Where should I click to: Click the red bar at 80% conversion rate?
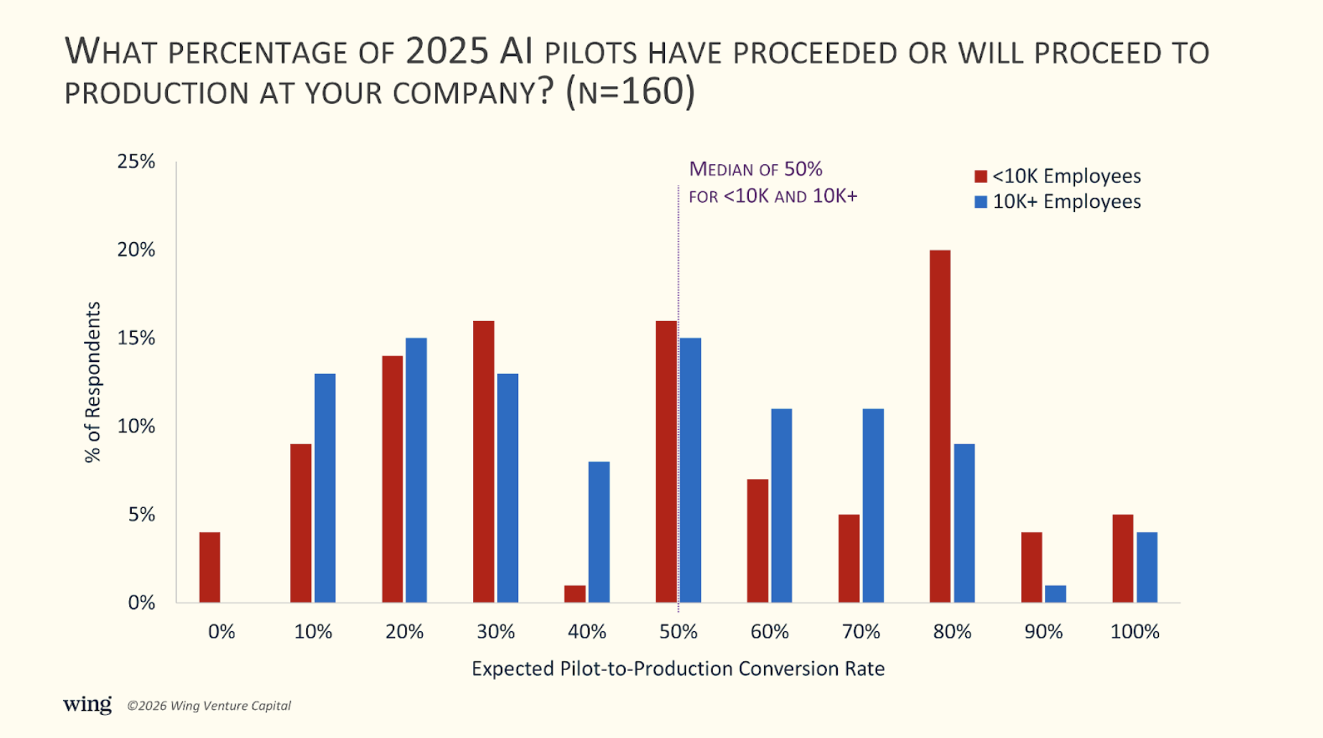pos(940,426)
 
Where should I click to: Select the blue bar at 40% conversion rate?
pos(598,532)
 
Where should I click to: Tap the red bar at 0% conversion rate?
pos(209,567)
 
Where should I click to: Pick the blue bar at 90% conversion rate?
pos(1055,594)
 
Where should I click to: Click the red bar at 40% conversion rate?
pos(575,594)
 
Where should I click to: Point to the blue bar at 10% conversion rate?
pos(325,488)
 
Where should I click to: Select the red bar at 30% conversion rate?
pos(483,461)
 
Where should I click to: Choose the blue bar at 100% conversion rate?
pos(1147,567)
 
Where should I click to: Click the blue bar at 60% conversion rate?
pos(781,505)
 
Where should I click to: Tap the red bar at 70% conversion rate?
pos(849,558)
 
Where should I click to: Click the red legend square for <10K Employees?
pos(980,176)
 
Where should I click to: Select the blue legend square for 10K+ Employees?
pos(980,202)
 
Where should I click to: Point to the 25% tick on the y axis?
pos(136,161)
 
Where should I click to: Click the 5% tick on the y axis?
pos(141,514)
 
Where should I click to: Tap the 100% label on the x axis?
pos(1135,631)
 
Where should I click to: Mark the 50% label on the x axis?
pos(678,631)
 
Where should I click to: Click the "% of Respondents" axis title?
pos(93,382)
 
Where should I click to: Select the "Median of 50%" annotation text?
pos(755,170)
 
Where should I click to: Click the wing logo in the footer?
pos(87,704)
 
